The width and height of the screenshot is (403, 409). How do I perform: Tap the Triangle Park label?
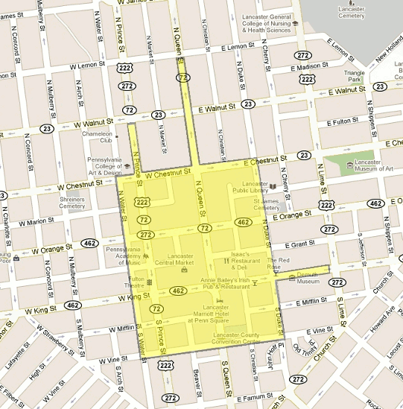(x=354, y=76)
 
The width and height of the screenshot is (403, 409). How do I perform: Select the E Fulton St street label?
(x=349, y=121)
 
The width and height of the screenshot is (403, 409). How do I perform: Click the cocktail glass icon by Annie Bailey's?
(x=254, y=283)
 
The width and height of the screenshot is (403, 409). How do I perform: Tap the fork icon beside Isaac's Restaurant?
(x=226, y=261)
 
